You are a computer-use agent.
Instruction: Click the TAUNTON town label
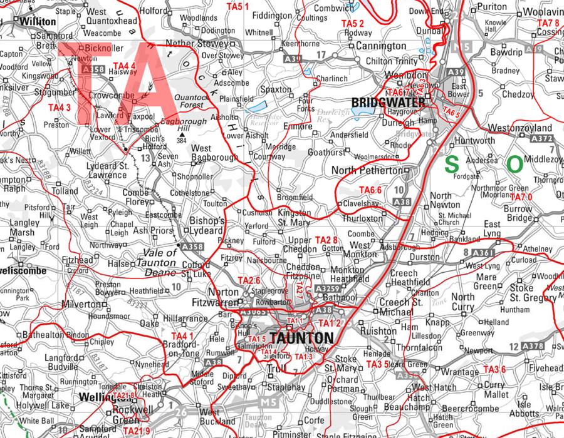click(x=301, y=338)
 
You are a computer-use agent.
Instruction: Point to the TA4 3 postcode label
click(x=60, y=108)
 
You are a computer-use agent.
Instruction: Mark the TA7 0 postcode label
click(x=521, y=197)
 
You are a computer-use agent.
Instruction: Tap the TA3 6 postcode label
click(x=494, y=369)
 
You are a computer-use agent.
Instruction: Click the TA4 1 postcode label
click(x=182, y=336)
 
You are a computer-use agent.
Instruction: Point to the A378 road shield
click(x=534, y=346)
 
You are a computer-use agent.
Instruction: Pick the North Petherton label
click(x=367, y=170)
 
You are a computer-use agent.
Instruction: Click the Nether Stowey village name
click(x=191, y=44)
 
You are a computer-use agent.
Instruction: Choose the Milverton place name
click(x=83, y=304)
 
